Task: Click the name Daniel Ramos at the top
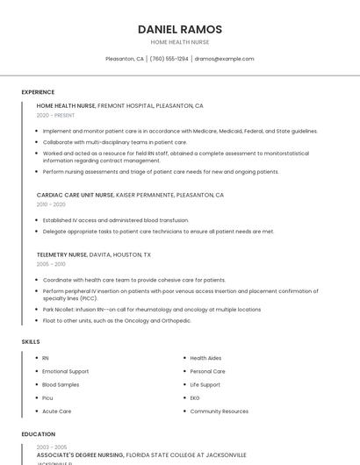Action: click(x=180, y=29)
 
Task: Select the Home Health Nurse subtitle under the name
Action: click(x=180, y=42)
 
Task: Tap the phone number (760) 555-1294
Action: click(x=169, y=59)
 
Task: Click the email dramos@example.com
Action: click(x=224, y=59)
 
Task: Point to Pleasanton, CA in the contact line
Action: click(x=125, y=59)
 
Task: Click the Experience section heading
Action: click(x=38, y=92)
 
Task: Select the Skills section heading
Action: click(x=31, y=341)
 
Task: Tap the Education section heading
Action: click(x=38, y=434)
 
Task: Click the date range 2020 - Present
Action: click(x=55, y=115)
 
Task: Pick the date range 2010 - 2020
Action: click(x=50, y=204)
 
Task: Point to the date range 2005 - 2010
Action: click(x=50, y=263)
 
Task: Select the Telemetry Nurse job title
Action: click(x=61, y=254)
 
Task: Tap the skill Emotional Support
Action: click(x=66, y=371)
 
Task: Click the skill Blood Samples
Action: click(x=61, y=384)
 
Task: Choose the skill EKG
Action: click(x=195, y=397)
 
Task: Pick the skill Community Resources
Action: click(x=219, y=411)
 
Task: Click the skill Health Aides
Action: click(x=205, y=358)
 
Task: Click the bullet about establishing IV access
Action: click(x=116, y=220)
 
